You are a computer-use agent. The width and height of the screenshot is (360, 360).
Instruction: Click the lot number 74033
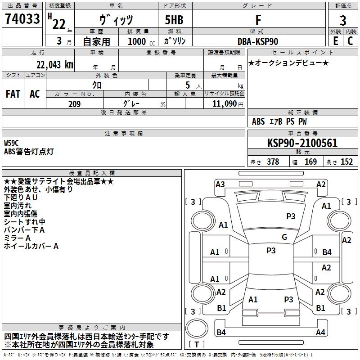click(x=22, y=18)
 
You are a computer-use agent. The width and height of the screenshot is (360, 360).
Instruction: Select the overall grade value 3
click(x=343, y=20)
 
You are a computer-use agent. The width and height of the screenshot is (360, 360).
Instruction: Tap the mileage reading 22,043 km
click(x=54, y=65)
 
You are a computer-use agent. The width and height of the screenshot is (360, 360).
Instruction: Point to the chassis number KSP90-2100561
click(x=302, y=143)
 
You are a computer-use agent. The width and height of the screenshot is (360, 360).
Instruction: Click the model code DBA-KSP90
click(x=257, y=41)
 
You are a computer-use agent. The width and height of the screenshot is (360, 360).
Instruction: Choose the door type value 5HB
click(x=174, y=20)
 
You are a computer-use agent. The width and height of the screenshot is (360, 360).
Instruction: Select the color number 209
click(x=74, y=104)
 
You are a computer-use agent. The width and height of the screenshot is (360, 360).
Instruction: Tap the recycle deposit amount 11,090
click(x=224, y=104)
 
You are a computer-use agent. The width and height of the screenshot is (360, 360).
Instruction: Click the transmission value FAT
click(x=13, y=94)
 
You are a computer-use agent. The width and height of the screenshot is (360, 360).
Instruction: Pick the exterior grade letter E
click(x=335, y=41)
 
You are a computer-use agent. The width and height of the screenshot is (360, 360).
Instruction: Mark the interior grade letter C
click(x=350, y=41)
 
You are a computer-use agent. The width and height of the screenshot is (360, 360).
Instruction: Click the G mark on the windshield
click(x=284, y=237)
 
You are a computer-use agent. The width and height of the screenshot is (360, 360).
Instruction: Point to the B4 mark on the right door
click(x=327, y=252)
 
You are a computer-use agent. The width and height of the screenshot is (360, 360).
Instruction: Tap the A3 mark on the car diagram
click(x=220, y=184)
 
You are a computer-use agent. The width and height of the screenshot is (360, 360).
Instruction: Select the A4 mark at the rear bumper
click(x=320, y=332)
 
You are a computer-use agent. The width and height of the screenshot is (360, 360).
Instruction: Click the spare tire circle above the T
click(x=197, y=328)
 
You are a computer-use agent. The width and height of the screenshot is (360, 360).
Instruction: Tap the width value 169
click(x=310, y=162)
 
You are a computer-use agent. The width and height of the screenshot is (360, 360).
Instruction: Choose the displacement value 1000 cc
click(x=141, y=41)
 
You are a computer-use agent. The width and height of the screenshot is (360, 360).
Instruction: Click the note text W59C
click(x=11, y=143)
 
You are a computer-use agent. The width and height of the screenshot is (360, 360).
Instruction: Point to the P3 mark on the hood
click(x=291, y=216)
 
